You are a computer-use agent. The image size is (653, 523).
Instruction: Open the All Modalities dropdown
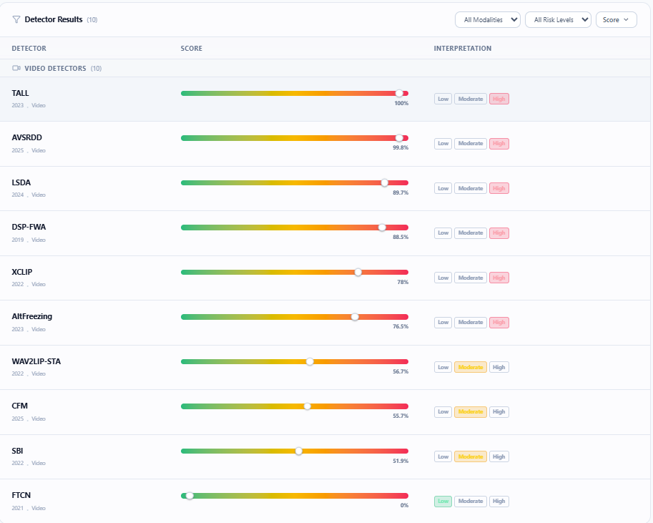(x=488, y=19)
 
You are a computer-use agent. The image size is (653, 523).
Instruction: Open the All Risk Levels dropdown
(x=558, y=19)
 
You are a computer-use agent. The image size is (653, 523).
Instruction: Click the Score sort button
(x=617, y=19)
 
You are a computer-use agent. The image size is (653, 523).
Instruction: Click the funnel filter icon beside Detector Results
(x=16, y=19)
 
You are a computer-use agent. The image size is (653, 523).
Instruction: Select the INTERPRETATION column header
(x=463, y=49)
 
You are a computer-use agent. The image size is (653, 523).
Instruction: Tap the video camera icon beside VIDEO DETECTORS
(x=16, y=68)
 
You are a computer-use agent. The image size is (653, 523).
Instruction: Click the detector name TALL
(x=21, y=93)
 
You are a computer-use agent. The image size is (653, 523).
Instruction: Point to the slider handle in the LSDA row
(x=384, y=182)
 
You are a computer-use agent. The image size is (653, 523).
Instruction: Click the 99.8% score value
(x=401, y=147)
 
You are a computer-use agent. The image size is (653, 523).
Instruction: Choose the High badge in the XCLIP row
(x=499, y=278)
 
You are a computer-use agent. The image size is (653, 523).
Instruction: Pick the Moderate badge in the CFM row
(x=471, y=411)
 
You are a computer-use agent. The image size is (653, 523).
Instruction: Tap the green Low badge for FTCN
(x=443, y=501)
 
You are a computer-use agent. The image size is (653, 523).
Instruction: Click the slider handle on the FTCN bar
(x=190, y=496)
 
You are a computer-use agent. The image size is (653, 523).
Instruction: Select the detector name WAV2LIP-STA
(x=36, y=361)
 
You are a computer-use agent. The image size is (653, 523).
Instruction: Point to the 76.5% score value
(x=401, y=326)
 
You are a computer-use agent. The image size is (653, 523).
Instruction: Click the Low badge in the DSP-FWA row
(x=443, y=233)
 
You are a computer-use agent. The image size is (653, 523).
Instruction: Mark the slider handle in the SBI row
(x=298, y=451)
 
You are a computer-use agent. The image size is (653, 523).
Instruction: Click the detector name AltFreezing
(x=32, y=316)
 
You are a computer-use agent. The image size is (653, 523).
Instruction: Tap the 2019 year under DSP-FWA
(x=17, y=240)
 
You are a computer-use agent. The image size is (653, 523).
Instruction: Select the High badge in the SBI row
(x=499, y=456)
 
